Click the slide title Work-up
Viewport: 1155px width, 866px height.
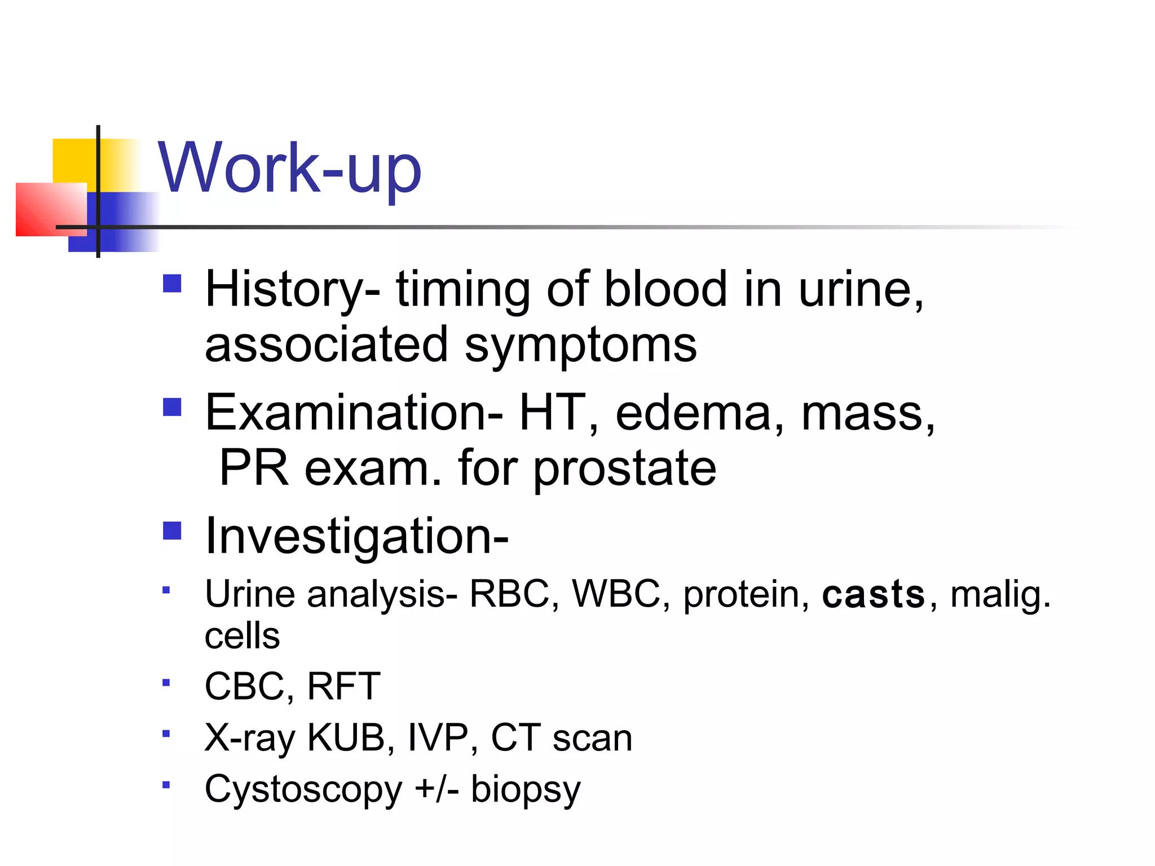click(x=289, y=167)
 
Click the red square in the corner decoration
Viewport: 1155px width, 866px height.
click(x=45, y=209)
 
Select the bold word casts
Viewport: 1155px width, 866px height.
click(x=873, y=594)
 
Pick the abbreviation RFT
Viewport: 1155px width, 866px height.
click(x=343, y=686)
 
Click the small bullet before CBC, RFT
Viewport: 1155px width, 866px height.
click(x=166, y=683)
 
